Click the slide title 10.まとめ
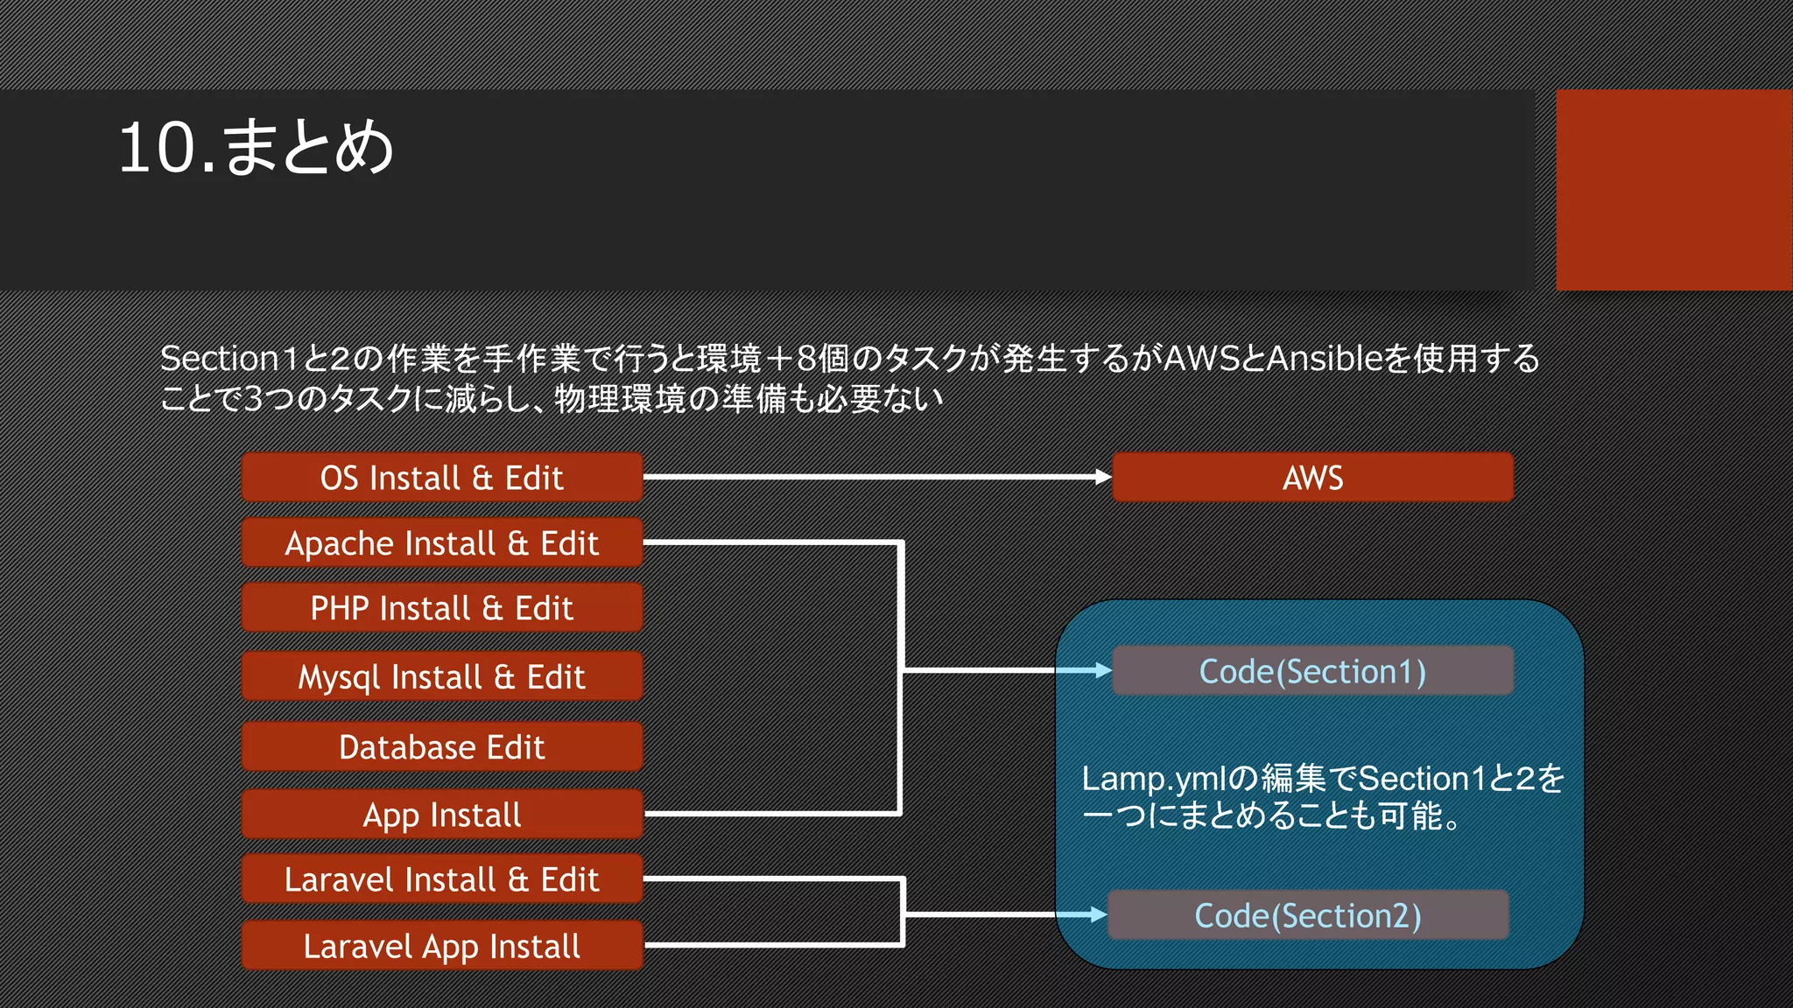click(x=256, y=147)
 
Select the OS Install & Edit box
click(x=442, y=478)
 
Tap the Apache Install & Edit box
click(x=442, y=543)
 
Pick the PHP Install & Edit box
click(x=442, y=608)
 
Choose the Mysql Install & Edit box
click(x=442, y=676)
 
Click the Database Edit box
click(x=442, y=747)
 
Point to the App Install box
click(x=442, y=815)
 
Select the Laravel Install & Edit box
click(x=442, y=879)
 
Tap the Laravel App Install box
click(x=442, y=946)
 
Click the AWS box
click(x=1312, y=478)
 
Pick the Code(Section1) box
click(x=1312, y=671)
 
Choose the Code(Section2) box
click(x=1308, y=915)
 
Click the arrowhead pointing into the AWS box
click(x=1103, y=477)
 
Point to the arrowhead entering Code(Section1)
click(x=1102, y=670)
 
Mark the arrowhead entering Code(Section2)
click(x=1098, y=914)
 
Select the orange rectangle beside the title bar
click(x=1674, y=190)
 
